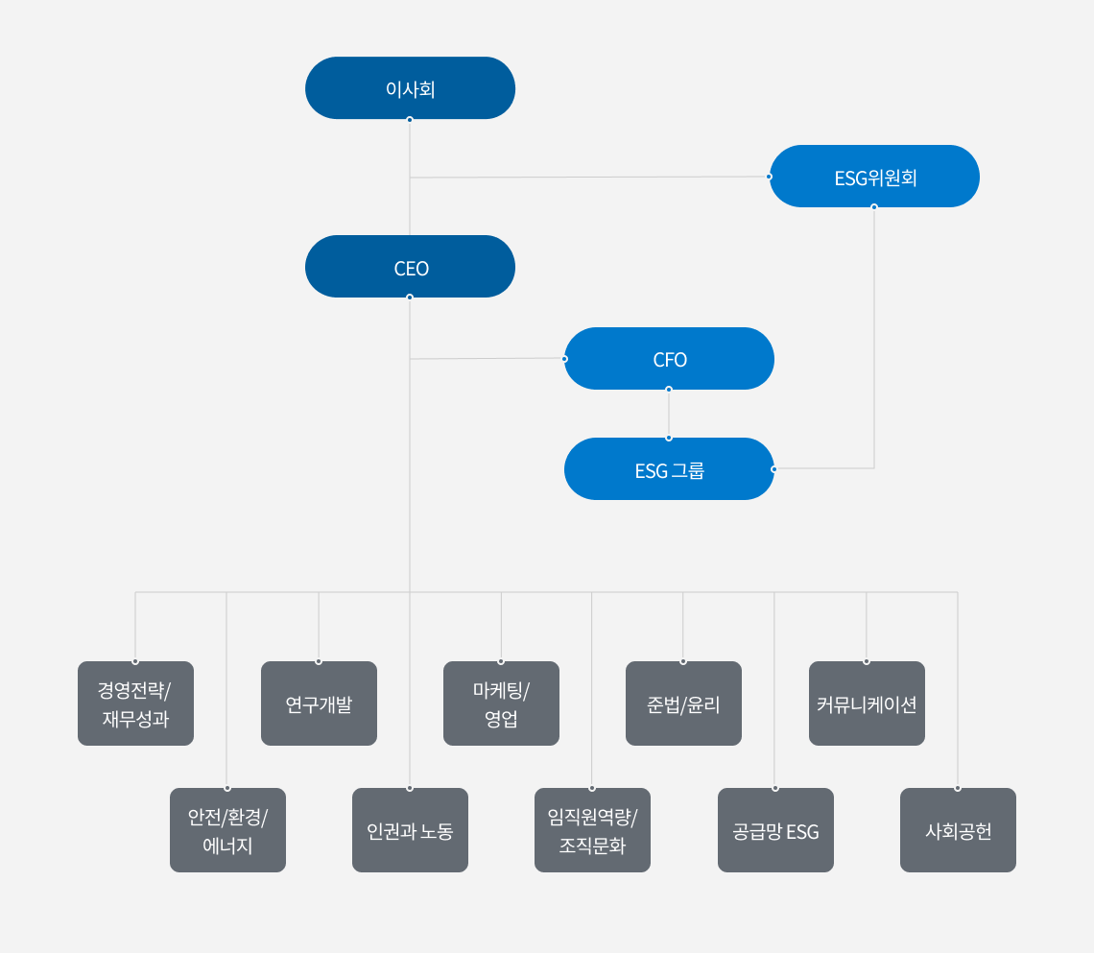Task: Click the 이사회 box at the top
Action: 411,88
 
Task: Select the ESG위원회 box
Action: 874,177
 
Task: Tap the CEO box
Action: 411,267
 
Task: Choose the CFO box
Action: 669,359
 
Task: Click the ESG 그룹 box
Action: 669,469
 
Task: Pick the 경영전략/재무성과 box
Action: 135,703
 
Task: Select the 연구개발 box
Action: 319,703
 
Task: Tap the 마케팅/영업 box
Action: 501,703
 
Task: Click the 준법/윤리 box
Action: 683,703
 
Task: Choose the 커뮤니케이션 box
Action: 867,703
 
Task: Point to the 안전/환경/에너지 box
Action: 227,830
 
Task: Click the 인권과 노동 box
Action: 411,830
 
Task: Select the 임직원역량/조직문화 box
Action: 592,830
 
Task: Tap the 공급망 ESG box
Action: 775,830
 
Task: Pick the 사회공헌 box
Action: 958,830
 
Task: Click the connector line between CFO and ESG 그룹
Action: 669,414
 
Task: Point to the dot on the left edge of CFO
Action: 564,359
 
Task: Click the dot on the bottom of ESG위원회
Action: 874,207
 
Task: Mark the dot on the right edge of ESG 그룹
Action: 773,469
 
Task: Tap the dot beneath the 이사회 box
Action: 410,120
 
